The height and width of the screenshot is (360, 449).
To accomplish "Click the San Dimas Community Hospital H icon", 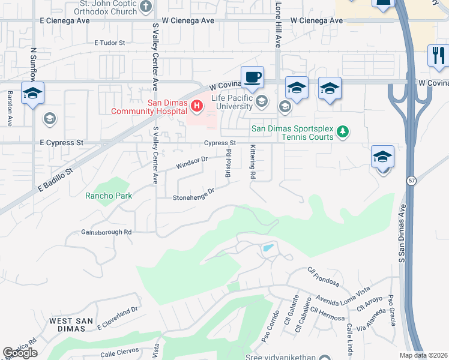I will (x=196, y=107).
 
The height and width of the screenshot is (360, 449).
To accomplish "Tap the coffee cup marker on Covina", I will (x=252, y=76).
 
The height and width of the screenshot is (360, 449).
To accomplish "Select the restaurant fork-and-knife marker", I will (x=438, y=55).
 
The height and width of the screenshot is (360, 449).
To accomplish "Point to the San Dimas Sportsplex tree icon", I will (x=342, y=131).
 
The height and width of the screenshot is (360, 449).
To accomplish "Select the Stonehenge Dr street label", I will (x=193, y=194).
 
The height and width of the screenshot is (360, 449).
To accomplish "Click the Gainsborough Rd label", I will (x=106, y=232).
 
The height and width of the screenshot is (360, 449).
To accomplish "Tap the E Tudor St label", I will (x=109, y=43).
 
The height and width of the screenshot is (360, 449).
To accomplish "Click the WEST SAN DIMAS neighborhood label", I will (x=71, y=325).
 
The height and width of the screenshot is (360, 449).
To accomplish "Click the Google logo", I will (x=20, y=353).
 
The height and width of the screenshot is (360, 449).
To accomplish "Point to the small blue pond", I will (x=268, y=247).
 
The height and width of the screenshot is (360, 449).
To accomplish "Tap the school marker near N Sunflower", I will (x=32, y=93).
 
